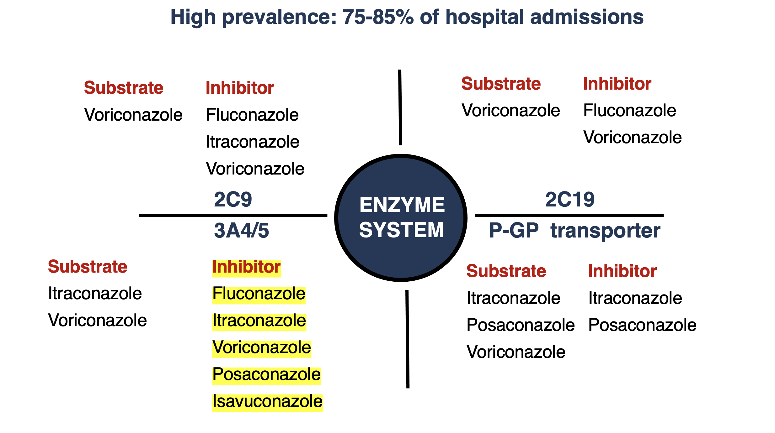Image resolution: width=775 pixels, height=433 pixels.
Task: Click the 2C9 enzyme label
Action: [233, 200]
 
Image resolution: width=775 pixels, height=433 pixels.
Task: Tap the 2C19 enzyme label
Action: [570, 200]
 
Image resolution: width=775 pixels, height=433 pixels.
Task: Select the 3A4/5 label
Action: [241, 231]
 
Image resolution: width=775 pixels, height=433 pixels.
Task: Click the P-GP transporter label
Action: [575, 231]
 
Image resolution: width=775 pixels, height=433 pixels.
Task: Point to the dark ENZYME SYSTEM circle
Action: [401, 218]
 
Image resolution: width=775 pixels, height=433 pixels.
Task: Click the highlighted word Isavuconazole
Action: [267, 401]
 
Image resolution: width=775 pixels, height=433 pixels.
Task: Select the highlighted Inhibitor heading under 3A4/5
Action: [246, 267]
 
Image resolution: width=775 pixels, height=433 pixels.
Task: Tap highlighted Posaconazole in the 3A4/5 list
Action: [266, 374]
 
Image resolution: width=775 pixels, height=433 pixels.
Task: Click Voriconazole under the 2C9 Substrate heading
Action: [133, 115]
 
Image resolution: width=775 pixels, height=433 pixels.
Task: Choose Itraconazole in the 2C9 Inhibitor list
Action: [253, 142]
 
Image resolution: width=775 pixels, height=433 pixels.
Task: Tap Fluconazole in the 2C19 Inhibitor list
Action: [630, 111]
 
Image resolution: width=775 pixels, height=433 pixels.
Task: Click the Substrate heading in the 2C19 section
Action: [501, 84]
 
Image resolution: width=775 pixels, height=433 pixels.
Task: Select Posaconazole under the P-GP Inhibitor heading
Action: [642, 325]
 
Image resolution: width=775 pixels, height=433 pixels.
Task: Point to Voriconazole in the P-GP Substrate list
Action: [516, 352]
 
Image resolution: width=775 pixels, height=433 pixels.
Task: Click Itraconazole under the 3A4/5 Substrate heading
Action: [95, 294]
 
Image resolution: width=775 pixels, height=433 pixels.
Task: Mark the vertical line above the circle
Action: [400, 107]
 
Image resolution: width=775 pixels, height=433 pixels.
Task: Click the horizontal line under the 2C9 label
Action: [233, 216]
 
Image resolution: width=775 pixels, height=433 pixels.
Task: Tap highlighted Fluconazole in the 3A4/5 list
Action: [259, 294]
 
